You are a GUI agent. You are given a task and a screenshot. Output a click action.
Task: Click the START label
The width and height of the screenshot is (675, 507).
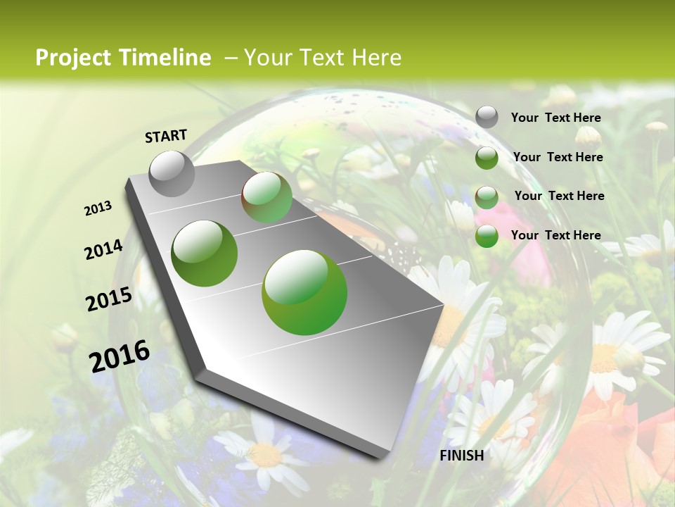point(166,136)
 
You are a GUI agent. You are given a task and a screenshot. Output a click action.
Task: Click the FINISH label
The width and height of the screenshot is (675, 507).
point(461,456)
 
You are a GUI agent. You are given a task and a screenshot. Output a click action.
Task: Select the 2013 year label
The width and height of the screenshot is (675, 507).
point(98,208)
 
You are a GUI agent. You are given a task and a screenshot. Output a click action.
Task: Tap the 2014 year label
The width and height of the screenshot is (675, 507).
point(103,249)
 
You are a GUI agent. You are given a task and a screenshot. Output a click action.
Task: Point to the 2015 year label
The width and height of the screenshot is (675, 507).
point(109,299)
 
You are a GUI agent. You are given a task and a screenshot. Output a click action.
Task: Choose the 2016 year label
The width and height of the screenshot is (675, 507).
point(120,356)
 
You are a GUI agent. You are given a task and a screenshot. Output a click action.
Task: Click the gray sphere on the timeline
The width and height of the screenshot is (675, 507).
point(172,173)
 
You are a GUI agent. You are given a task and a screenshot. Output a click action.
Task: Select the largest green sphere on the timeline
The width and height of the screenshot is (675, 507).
point(304,292)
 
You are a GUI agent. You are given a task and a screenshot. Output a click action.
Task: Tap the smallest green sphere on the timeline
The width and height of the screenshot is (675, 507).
point(267,198)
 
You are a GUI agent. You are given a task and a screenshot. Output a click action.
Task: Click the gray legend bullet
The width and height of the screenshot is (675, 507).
point(487,118)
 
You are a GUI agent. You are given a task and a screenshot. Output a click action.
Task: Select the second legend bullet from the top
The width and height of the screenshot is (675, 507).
point(487,158)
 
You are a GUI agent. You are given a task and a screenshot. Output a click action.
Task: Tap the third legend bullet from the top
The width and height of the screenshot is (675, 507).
point(487,197)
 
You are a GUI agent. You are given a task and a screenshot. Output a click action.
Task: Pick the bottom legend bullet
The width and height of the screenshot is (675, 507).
point(487,236)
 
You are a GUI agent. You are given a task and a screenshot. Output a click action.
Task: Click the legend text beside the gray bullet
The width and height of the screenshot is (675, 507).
point(556,118)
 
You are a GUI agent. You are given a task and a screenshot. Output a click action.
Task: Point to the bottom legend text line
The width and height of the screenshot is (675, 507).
point(556,235)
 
